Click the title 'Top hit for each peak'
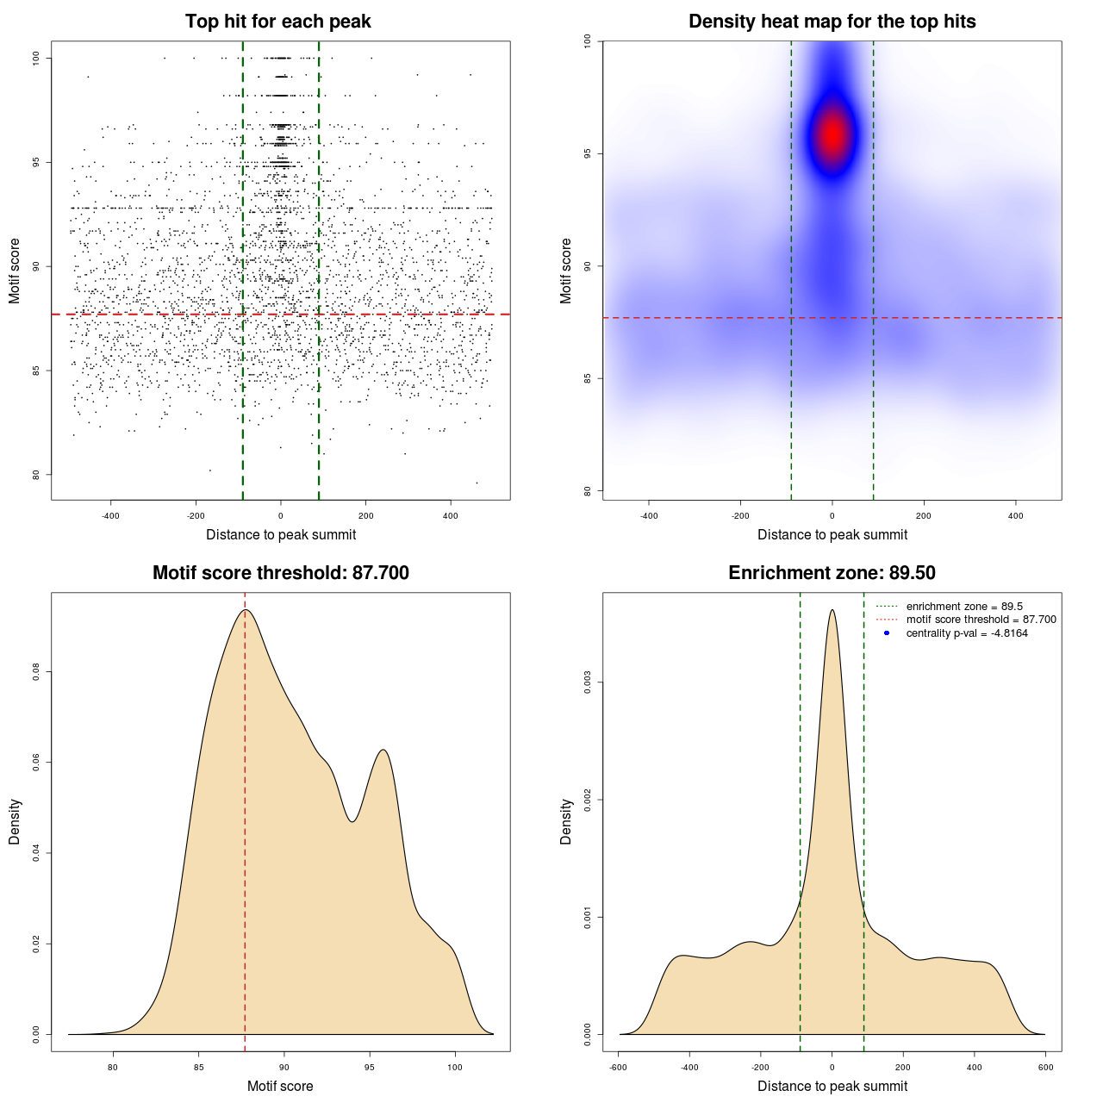(277, 22)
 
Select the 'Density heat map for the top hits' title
(832, 22)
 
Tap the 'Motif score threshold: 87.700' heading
(280, 573)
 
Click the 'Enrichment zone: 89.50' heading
(832, 573)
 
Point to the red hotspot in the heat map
(832, 134)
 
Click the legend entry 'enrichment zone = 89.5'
(964, 607)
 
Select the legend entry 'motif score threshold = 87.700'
(981, 620)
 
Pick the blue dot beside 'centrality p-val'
(887, 633)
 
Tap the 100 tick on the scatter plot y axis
(37, 58)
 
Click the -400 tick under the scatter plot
(110, 516)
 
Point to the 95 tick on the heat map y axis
(587, 153)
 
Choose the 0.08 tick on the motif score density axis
(35, 671)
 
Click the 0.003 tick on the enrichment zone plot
(587, 682)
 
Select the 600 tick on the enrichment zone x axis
(1045, 1068)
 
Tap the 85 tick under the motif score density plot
(198, 1068)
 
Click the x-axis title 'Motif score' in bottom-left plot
(280, 1086)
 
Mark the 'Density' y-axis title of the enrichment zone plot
(566, 821)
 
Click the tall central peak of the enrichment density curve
(832, 611)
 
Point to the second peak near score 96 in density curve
(383, 751)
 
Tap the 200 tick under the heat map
(924, 516)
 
